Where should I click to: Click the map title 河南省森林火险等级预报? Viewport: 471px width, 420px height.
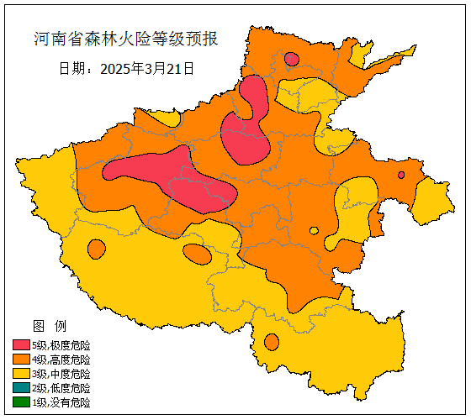pyautogui.click(x=126, y=39)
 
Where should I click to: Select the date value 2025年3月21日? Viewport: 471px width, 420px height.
pyautogui.click(x=147, y=69)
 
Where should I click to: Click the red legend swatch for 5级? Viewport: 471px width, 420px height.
pyautogui.click(x=21, y=345)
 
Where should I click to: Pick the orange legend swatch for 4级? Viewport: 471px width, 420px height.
pyautogui.click(x=21, y=360)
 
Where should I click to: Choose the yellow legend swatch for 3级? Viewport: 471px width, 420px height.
pyautogui.click(x=21, y=374)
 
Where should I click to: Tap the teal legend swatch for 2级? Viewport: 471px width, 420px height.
pyautogui.click(x=21, y=388)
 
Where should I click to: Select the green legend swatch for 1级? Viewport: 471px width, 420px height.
pyautogui.click(x=21, y=402)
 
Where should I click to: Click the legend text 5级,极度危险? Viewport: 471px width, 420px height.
pyautogui.click(x=61, y=345)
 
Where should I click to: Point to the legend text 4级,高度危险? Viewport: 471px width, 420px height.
pyautogui.click(x=61, y=360)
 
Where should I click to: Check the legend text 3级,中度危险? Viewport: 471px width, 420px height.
pyautogui.click(x=61, y=374)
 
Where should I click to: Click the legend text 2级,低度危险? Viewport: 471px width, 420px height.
pyautogui.click(x=61, y=388)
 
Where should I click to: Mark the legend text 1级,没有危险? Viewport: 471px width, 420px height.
pyautogui.click(x=61, y=402)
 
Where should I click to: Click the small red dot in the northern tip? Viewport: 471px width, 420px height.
pyautogui.click(x=291, y=59)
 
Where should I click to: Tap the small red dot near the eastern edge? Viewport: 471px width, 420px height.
pyautogui.click(x=401, y=175)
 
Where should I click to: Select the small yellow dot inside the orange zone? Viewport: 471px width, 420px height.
pyautogui.click(x=314, y=230)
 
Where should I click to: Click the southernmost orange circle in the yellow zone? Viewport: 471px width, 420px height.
pyautogui.click(x=271, y=342)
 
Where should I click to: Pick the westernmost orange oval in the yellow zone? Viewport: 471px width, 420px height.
pyautogui.click(x=97, y=249)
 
